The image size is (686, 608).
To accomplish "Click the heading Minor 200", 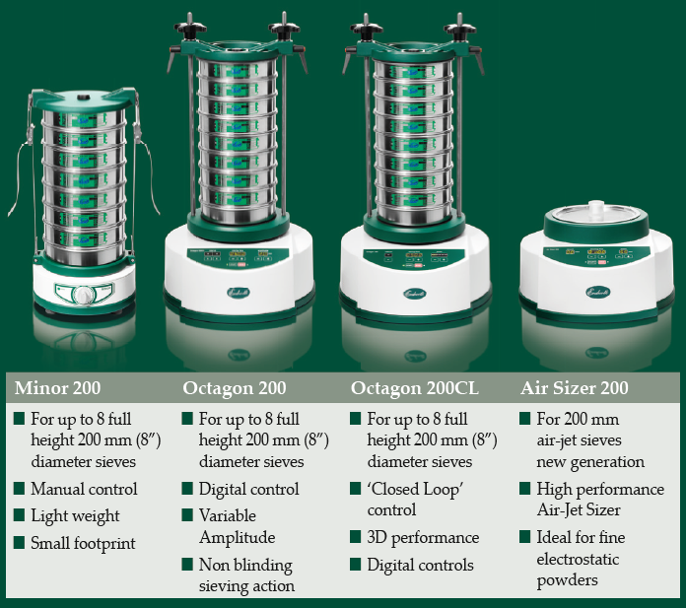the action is pos(57,388).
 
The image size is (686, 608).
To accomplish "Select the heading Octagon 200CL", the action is pos(414,388).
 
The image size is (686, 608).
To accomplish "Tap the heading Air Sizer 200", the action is pos(575,388).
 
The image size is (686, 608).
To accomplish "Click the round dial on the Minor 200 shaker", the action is pos(84,295).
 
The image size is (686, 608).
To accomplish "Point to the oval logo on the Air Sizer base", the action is pos(597,292).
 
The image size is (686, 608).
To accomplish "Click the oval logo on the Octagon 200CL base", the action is pos(415,294).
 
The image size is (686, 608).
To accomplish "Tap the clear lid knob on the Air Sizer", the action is pos(596,207).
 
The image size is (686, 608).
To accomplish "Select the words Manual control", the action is pos(84,489).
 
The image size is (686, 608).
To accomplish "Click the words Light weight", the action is pos(75,516).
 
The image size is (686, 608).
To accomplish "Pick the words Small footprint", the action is pos(83,543).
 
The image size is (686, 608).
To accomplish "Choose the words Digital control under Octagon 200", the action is pos(249,489).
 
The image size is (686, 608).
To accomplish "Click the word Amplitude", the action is pos(238,538).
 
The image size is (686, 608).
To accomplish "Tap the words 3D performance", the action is pos(423,538).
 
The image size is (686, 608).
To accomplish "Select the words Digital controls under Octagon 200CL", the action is pos(421,565).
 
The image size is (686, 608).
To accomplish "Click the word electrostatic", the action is pos(578,559).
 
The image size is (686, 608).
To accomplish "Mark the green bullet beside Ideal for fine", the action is pos(525,537).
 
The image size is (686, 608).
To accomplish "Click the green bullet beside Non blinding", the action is pos(187,565).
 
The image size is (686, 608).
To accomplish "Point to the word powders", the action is pos(567,580).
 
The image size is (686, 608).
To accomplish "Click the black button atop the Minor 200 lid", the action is pos(82,98).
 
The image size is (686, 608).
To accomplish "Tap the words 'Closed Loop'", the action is pos(415,489).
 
